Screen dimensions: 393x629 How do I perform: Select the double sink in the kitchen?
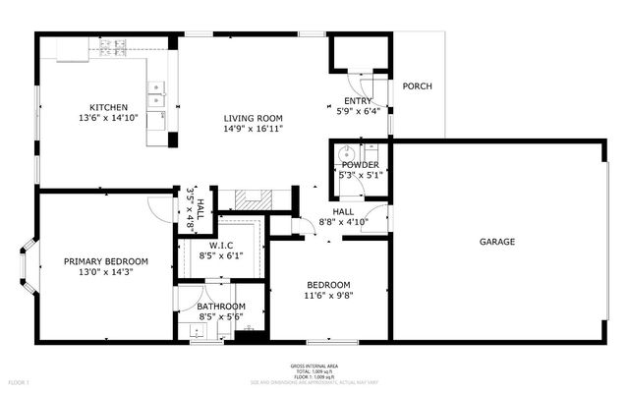click(155, 94)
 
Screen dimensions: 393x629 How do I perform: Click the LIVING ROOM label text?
click(254, 117)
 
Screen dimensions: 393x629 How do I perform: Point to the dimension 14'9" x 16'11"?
click(254, 129)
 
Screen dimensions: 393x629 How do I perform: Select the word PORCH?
click(418, 86)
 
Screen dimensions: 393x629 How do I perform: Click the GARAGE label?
click(497, 242)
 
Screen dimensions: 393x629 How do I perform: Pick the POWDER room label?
click(360, 165)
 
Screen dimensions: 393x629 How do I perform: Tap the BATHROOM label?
click(220, 307)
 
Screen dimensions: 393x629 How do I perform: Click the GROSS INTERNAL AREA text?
click(314, 363)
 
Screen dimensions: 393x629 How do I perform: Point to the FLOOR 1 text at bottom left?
click(20, 381)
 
